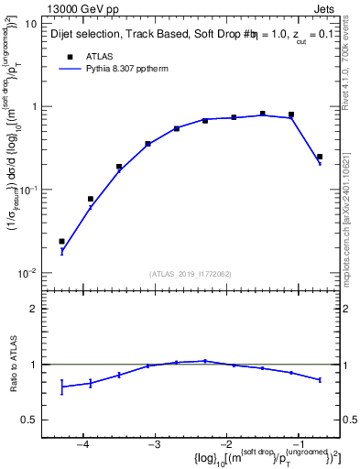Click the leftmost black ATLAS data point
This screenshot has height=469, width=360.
coord(61,242)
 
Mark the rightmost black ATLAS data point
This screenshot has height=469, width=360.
coord(319,157)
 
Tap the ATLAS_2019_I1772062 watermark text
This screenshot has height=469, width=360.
coord(190,274)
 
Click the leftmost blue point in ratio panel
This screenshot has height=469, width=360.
coord(61,387)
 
